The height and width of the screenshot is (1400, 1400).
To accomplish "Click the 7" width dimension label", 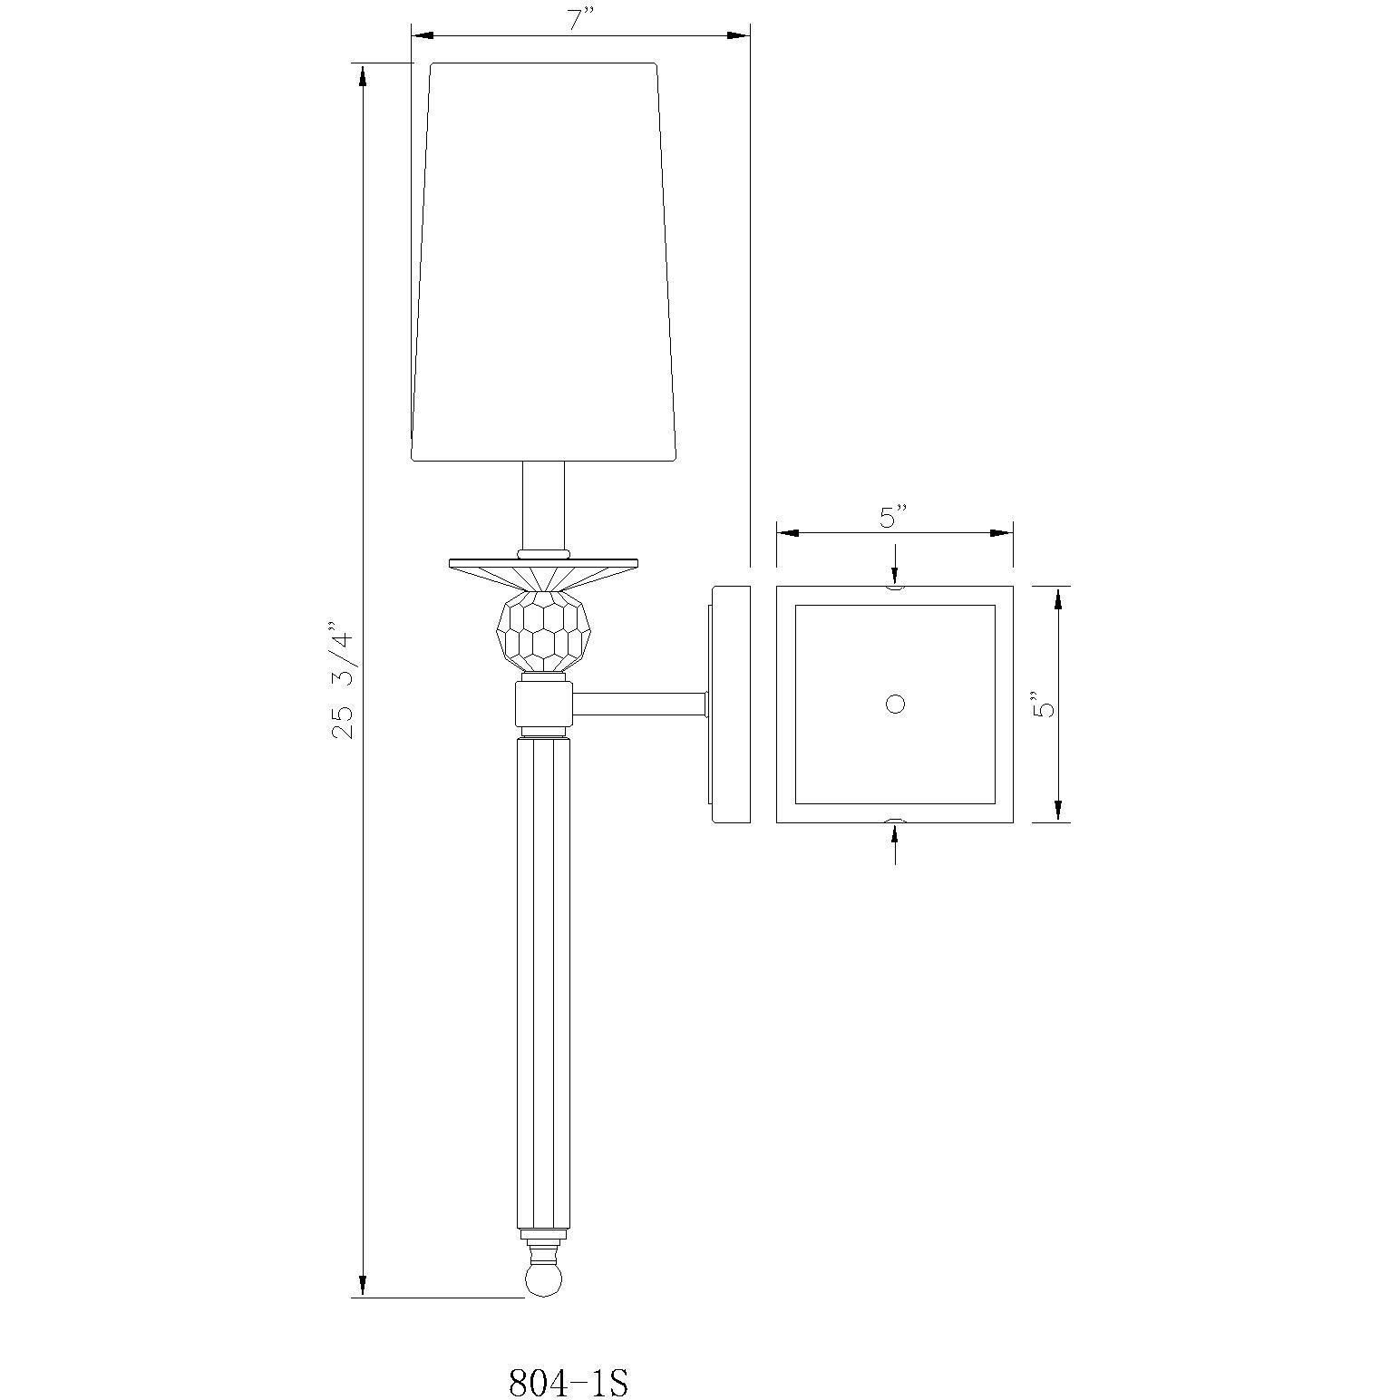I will (x=580, y=21).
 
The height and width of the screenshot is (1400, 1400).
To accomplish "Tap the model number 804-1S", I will (x=568, y=1382).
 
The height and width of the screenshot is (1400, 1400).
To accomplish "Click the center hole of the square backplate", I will (x=895, y=705).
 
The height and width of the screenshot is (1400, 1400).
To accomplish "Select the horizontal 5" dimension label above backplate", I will (x=893, y=518).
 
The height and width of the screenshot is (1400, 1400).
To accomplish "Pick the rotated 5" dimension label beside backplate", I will (x=1045, y=704).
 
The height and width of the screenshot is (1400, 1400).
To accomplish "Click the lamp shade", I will (x=544, y=263).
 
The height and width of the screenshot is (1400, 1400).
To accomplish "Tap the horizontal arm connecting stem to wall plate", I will (x=639, y=704).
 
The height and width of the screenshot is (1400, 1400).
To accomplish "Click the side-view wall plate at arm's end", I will (x=731, y=705).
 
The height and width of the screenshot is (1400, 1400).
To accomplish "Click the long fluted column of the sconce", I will (x=543, y=979).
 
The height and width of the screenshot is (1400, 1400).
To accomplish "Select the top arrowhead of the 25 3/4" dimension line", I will (x=364, y=76).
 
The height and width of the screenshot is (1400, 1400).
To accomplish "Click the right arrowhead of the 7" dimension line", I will (x=736, y=35).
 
